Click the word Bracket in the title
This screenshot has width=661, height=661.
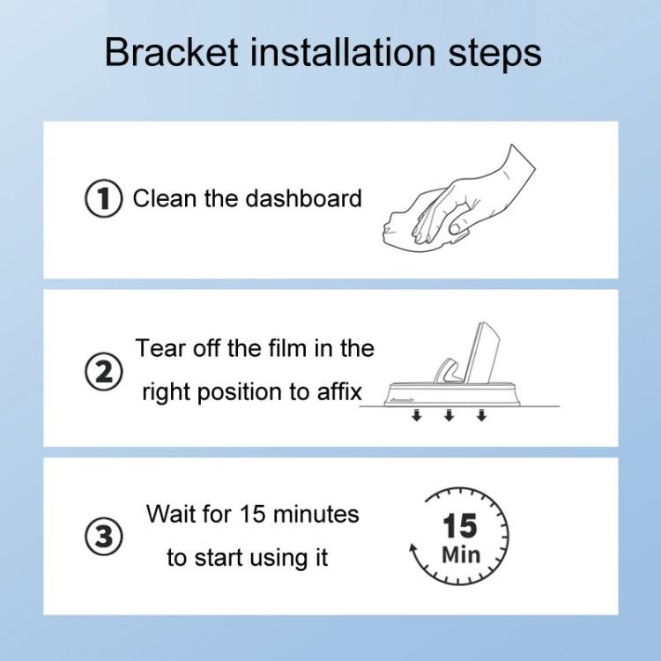(x=169, y=53)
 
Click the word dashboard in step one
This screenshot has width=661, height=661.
(x=304, y=198)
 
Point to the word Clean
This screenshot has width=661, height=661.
(x=166, y=198)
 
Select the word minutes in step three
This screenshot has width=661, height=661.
(x=314, y=514)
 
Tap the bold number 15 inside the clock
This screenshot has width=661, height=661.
(x=459, y=526)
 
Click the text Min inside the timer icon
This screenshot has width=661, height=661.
(x=460, y=555)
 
